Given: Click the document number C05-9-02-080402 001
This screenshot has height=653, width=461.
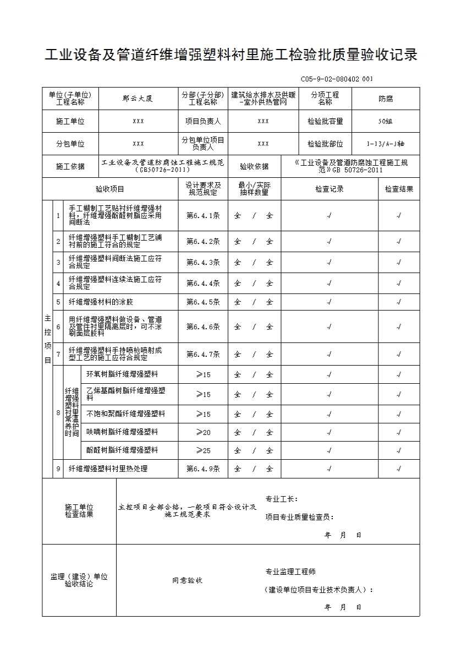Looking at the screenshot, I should pyautogui.click(x=337, y=79).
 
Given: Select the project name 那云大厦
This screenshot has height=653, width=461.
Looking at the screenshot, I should pyautogui.click(x=138, y=99).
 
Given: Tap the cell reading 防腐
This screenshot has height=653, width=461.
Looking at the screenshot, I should pyautogui.click(x=386, y=99).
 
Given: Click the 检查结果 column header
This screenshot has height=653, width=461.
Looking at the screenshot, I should pyautogui.click(x=399, y=189).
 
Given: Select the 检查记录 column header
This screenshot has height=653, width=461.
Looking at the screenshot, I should pyautogui.click(x=329, y=189).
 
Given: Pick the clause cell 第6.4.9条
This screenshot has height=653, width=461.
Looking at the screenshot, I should pyautogui.click(x=203, y=469).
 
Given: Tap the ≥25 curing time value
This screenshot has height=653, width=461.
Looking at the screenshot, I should pyautogui.click(x=203, y=450).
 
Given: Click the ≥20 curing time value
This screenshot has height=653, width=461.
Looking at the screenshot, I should pyautogui.click(x=203, y=432).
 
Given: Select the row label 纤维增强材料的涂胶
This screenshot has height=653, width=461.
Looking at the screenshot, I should pyautogui.click(x=101, y=302).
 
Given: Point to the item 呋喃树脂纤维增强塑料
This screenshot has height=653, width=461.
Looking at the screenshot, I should pyautogui.click(x=122, y=432).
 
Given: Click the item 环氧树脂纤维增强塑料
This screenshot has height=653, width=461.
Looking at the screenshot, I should pyautogui.click(x=122, y=374).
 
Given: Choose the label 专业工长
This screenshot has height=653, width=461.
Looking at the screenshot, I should pyautogui.click(x=281, y=499).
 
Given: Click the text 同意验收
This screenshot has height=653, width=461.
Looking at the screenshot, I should pyautogui.click(x=187, y=580).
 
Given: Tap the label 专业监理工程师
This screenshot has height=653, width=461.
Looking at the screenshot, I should pyautogui.click(x=290, y=572).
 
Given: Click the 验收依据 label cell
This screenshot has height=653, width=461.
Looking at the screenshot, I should pyautogui.click(x=254, y=166).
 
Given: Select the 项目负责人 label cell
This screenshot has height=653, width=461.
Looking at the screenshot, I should pyautogui.click(x=203, y=121).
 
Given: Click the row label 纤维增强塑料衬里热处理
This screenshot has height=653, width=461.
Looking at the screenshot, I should pyautogui.click(x=108, y=469).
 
